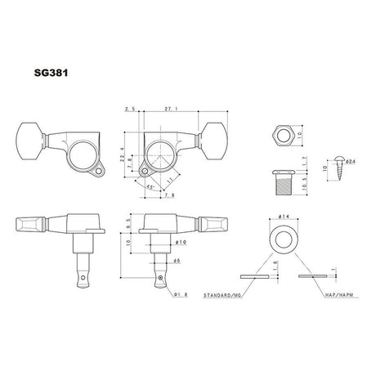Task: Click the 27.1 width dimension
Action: [x=169, y=108]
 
